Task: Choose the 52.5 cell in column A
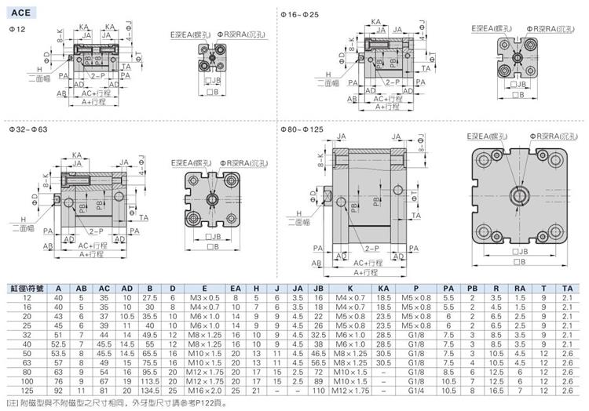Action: pyautogui.click(x=58, y=344)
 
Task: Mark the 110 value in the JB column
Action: pyautogui.click(x=319, y=391)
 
